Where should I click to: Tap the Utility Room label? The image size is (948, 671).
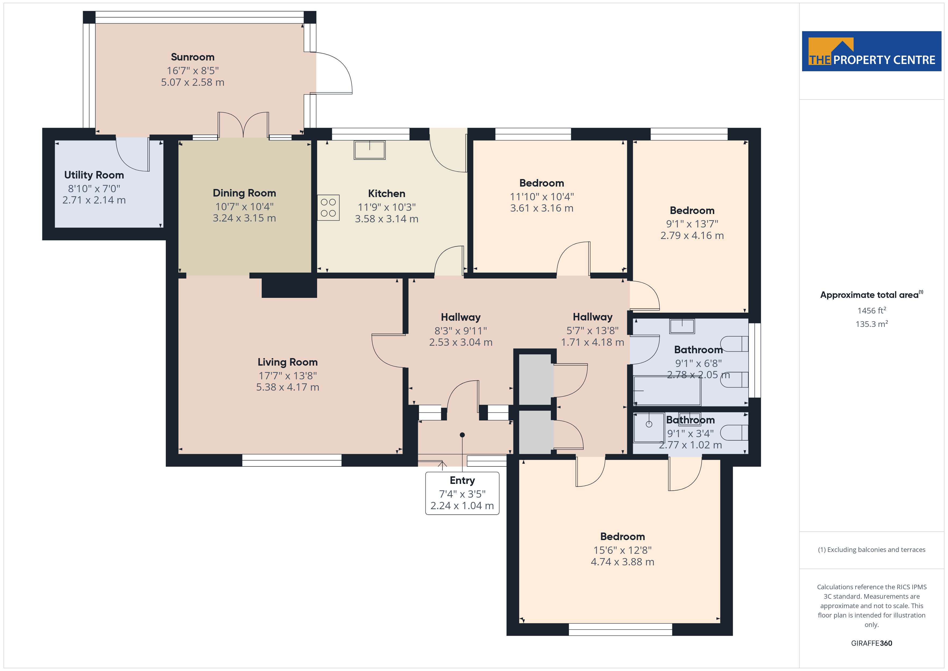(x=94, y=175)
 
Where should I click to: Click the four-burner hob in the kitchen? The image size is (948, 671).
(x=328, y=208)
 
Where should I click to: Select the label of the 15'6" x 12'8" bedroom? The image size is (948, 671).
(x=622, y=537)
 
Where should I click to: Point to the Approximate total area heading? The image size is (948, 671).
(x=871, y=295)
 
